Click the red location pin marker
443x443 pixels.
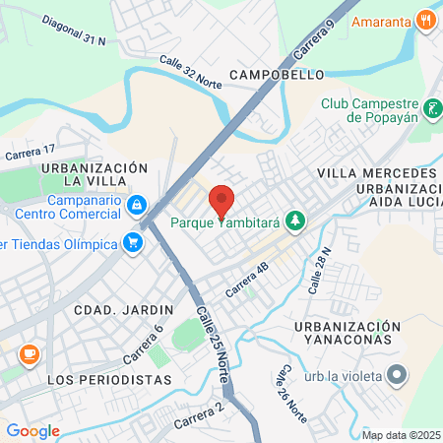[x=221, y=200]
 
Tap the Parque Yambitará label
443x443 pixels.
[x=224, y=221]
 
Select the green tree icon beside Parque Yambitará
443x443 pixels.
[x=293, y=221]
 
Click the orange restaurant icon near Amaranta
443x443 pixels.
[x=425, y=18]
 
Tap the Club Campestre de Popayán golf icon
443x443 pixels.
[x=432, y=108]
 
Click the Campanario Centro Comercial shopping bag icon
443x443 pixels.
[x=138, y=205]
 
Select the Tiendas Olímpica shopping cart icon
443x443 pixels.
[x=132, y=242]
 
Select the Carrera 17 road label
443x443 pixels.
[x=30, y=153]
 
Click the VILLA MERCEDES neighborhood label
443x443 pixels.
[x=370, y=172]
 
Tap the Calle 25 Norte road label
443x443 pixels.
[x=211, y=334]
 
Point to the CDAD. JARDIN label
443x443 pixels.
[x=123, y=308]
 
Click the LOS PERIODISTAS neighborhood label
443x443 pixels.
[x=109, y=379]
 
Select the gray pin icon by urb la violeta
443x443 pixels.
[x=396, y=374]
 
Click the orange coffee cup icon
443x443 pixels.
[x=28, y=352]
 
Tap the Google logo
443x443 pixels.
[x=32, y=430]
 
